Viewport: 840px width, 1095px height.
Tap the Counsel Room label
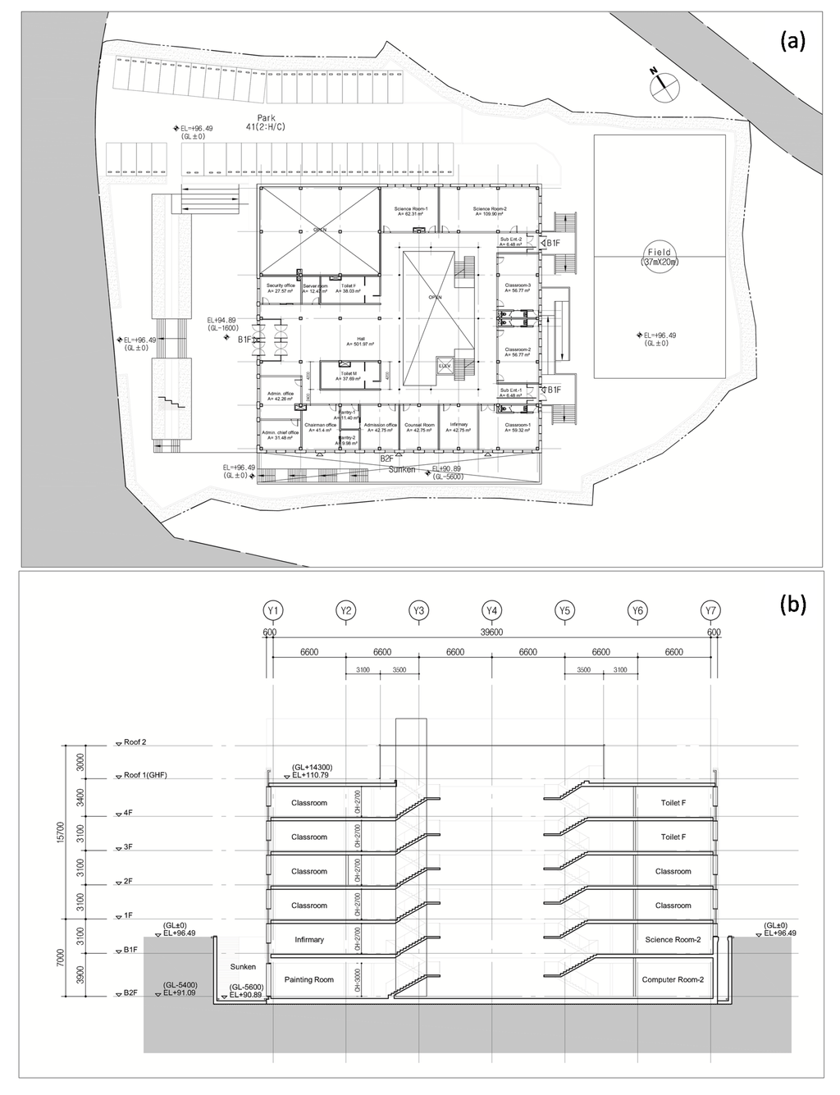[x=418, y=427]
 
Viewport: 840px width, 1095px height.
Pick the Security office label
[x=279, y=287]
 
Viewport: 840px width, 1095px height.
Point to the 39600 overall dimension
[x=492, y=632]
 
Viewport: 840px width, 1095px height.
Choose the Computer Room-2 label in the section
[x=673, y=979]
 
